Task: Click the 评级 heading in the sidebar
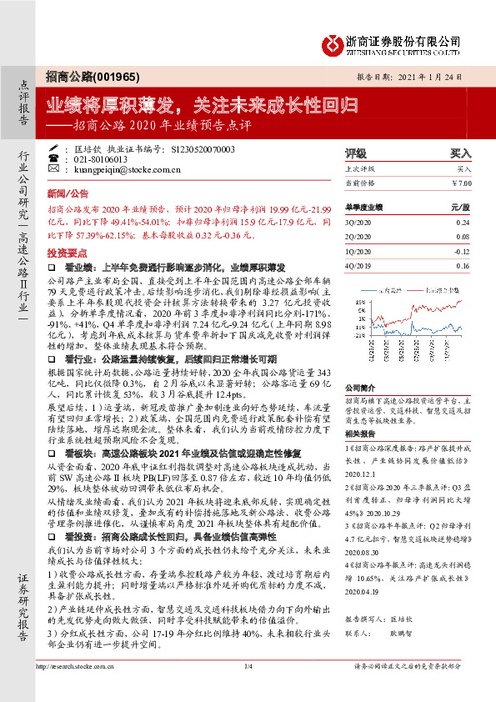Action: pyautogui.click(x=356, y=153)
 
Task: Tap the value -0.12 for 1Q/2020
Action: pyautogui.click(x=463, y=251)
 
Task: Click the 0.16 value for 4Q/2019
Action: pyautogui.click(x=463, y=265)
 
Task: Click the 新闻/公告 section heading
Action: pyautogui.click(x=62, y=192)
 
